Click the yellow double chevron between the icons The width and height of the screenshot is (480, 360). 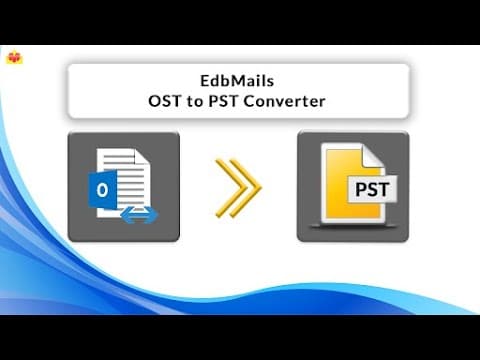click(237, 187)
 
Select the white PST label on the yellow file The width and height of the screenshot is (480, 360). click(373, 187)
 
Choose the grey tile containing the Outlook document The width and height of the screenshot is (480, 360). click(123, 186)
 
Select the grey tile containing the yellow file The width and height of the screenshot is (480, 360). click(352, 186)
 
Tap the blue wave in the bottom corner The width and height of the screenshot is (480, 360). click(420, 305)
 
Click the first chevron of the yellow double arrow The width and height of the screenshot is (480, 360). click(227, 187)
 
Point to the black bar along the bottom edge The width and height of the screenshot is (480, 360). click(240, 337)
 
